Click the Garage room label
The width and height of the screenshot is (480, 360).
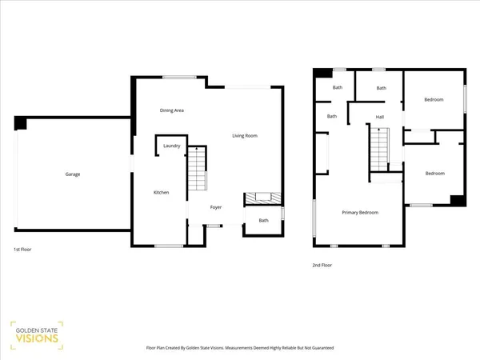(x=73, y=174)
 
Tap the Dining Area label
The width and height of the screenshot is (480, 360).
(x=172, y=110)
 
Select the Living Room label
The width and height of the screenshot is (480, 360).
(x=245, y=136)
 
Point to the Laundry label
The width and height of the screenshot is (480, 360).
(x=171, y=146)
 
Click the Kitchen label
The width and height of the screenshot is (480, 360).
(x=161, y=192)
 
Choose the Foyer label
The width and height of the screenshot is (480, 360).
(x=216, y=207)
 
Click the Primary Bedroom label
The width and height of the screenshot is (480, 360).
(x=360, y=212)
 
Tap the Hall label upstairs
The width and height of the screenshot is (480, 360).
(x=380, y=118)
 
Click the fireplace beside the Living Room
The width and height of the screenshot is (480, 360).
(x=261, y=197)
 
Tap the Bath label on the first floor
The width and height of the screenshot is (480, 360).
(x=263, y=220)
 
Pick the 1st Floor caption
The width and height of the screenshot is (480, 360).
(x=22, y=249)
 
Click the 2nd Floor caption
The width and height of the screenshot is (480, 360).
(x=322, y=265)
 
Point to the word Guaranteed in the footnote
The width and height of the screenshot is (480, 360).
(x=321, y=349)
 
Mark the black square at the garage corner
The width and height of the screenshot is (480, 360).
(x=20, y=123)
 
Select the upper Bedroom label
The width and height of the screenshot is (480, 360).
(x=434, y=99)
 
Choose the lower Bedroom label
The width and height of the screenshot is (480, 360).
(x=434, y=174)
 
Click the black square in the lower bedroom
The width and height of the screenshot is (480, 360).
(x=457, y=200)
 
